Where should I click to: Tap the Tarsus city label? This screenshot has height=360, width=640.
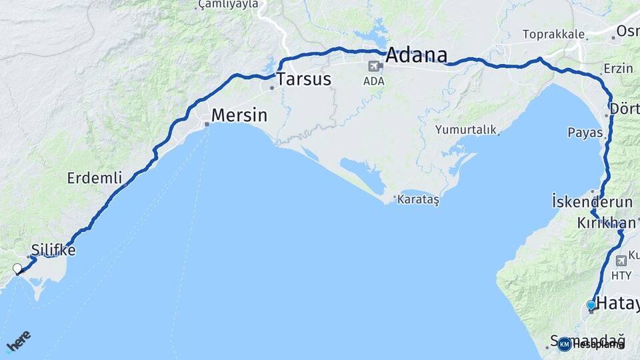304,79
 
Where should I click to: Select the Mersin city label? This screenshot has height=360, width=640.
239,116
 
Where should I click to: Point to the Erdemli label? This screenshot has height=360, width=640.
95,178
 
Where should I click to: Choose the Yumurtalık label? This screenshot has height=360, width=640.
466,130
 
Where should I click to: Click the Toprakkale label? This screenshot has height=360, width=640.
553,34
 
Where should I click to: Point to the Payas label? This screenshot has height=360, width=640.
585,133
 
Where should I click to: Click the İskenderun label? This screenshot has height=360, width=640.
583,201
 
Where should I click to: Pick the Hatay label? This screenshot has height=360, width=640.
617,305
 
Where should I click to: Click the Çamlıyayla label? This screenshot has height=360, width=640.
228,5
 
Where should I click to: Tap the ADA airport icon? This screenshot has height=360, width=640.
374,66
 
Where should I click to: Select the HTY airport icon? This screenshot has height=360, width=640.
621,260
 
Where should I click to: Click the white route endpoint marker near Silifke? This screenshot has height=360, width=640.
17,269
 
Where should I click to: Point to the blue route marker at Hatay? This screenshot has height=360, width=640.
591,305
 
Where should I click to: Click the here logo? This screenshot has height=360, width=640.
18,341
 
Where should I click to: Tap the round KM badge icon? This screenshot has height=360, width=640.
565,344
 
